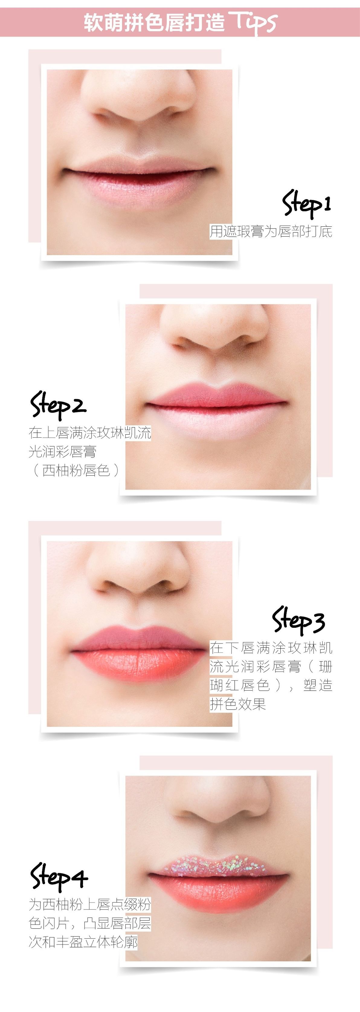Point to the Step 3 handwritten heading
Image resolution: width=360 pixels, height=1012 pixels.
point(299,620)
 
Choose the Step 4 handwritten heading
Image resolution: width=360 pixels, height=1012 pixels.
point(59,876)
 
